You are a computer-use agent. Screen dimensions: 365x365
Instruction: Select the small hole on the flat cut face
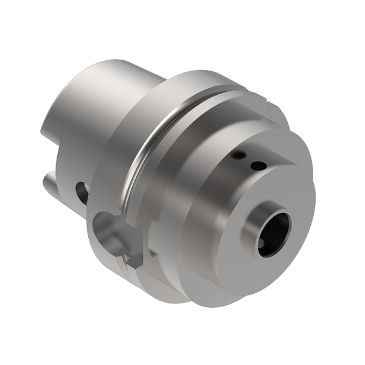click(259, 165)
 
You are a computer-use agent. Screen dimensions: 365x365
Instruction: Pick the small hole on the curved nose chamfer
click(240, 156)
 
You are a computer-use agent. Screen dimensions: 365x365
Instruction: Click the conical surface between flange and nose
click(182, 182)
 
